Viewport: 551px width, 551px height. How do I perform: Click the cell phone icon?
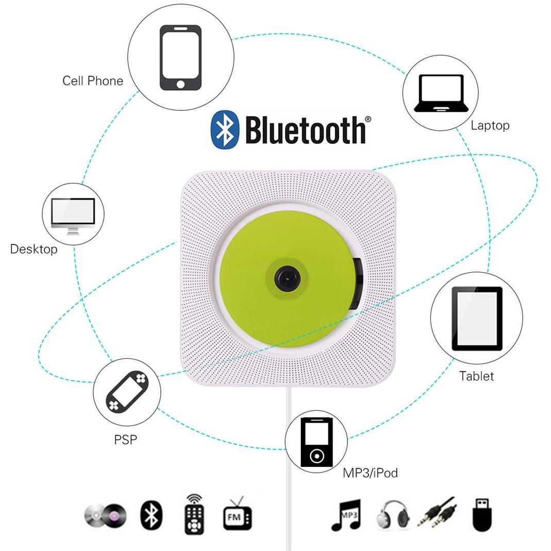180,58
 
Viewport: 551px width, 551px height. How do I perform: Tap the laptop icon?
441,93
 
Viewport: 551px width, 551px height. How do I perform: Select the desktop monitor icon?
73,216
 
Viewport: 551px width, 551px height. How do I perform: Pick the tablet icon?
477,319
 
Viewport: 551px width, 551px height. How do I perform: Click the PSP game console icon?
127,391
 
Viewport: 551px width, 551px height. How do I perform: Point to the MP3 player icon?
316,442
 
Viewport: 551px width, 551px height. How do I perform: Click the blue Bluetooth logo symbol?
225,129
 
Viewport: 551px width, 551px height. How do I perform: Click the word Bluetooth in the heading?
305,130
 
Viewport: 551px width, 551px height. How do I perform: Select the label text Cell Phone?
93,81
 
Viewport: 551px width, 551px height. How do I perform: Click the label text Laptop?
490,125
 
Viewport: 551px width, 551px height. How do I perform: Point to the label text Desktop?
34,249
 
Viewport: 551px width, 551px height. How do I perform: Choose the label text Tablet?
476,376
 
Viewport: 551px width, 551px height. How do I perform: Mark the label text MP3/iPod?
371,473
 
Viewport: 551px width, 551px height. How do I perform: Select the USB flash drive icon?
481,515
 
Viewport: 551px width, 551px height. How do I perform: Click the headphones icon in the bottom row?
393,515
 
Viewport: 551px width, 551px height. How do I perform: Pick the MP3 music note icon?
346,515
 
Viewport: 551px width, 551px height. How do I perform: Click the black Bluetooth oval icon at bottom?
152,515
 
